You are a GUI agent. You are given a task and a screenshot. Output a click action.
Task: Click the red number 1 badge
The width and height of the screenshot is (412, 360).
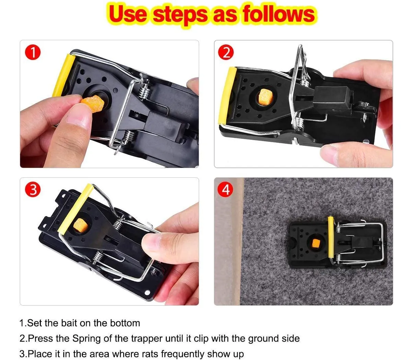click(33, 52)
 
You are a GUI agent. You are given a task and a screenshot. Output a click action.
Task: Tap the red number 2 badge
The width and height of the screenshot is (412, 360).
click(226, 52)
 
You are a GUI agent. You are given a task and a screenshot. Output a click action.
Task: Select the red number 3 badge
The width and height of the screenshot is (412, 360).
click(33, 190)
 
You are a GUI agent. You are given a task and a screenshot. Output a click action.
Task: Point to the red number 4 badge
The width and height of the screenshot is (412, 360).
click(225, 190)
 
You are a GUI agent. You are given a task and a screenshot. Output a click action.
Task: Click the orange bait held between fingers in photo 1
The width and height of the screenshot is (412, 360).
click(93, 103)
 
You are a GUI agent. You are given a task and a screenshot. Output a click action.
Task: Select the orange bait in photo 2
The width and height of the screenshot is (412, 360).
click(265, 97)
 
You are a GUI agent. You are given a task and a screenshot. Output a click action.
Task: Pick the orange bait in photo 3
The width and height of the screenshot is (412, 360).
click(80, 225)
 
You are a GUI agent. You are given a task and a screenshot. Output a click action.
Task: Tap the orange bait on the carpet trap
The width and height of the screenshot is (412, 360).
click(315, 244)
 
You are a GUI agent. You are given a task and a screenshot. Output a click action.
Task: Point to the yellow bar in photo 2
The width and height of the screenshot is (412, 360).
click(227, 95)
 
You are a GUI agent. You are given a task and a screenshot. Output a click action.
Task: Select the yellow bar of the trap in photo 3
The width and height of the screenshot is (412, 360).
click(75, 209)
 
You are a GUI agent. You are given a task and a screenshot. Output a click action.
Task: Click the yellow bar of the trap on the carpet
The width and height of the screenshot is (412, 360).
click(330, 237)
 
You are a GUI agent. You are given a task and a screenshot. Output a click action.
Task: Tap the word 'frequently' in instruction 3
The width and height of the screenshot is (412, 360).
click(183, 354)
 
